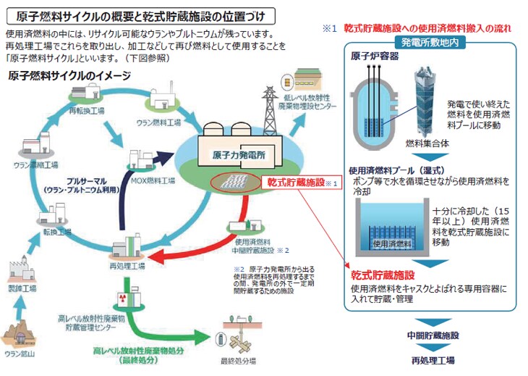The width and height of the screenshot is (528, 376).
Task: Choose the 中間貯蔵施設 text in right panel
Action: tap(433, 337)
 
